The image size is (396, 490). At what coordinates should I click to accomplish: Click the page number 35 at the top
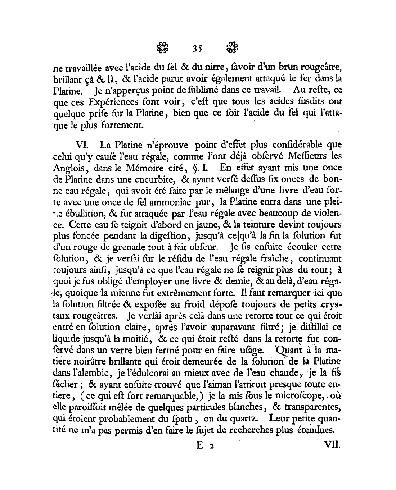(198, 49)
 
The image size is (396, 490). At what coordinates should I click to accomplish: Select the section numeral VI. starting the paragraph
(83, 145)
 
